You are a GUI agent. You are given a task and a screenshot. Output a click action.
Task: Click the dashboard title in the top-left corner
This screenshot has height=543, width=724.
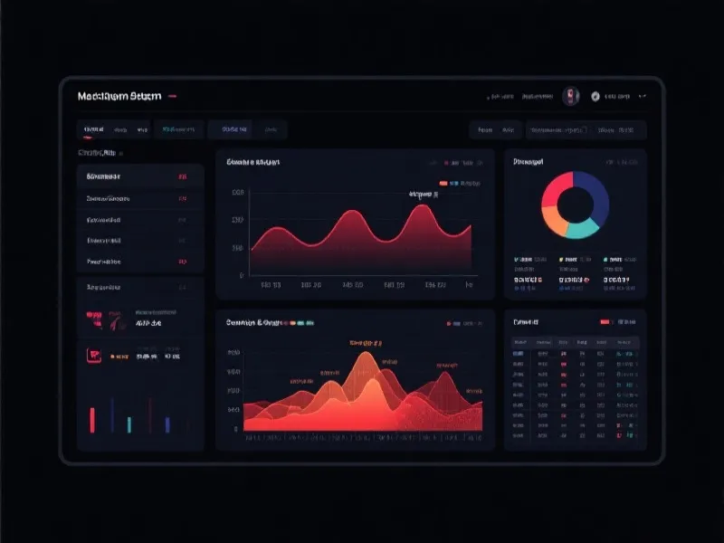click(x=119, y=96)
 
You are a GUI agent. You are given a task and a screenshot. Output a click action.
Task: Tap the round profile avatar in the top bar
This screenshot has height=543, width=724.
click(x=570, y=96)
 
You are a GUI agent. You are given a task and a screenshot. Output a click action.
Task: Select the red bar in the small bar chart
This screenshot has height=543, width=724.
click(x=92, y=419)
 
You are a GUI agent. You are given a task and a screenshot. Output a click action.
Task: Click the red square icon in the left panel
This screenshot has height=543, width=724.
click(x=93, y=356)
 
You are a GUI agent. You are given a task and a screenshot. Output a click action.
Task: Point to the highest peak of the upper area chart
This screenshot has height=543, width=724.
click(x=421, y=207)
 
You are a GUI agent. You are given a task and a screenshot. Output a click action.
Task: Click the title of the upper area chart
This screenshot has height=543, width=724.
click(x=252, y=163)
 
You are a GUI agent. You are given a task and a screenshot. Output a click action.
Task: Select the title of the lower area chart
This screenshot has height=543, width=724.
click(x=256, y=322)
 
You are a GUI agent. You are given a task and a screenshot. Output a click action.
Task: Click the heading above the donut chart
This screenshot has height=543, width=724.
click(x=528, y=162)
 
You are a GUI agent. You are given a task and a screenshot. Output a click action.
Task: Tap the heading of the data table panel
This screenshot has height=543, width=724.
click(x=526, y=322)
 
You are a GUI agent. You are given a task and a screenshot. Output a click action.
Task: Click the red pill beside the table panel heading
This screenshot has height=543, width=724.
click(x=605, y=322)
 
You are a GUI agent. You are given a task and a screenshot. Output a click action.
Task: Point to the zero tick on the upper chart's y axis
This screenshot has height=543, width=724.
click(x=241, y=275)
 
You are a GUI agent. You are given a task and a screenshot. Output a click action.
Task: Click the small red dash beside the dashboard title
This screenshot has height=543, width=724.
click(x=172, y=96)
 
